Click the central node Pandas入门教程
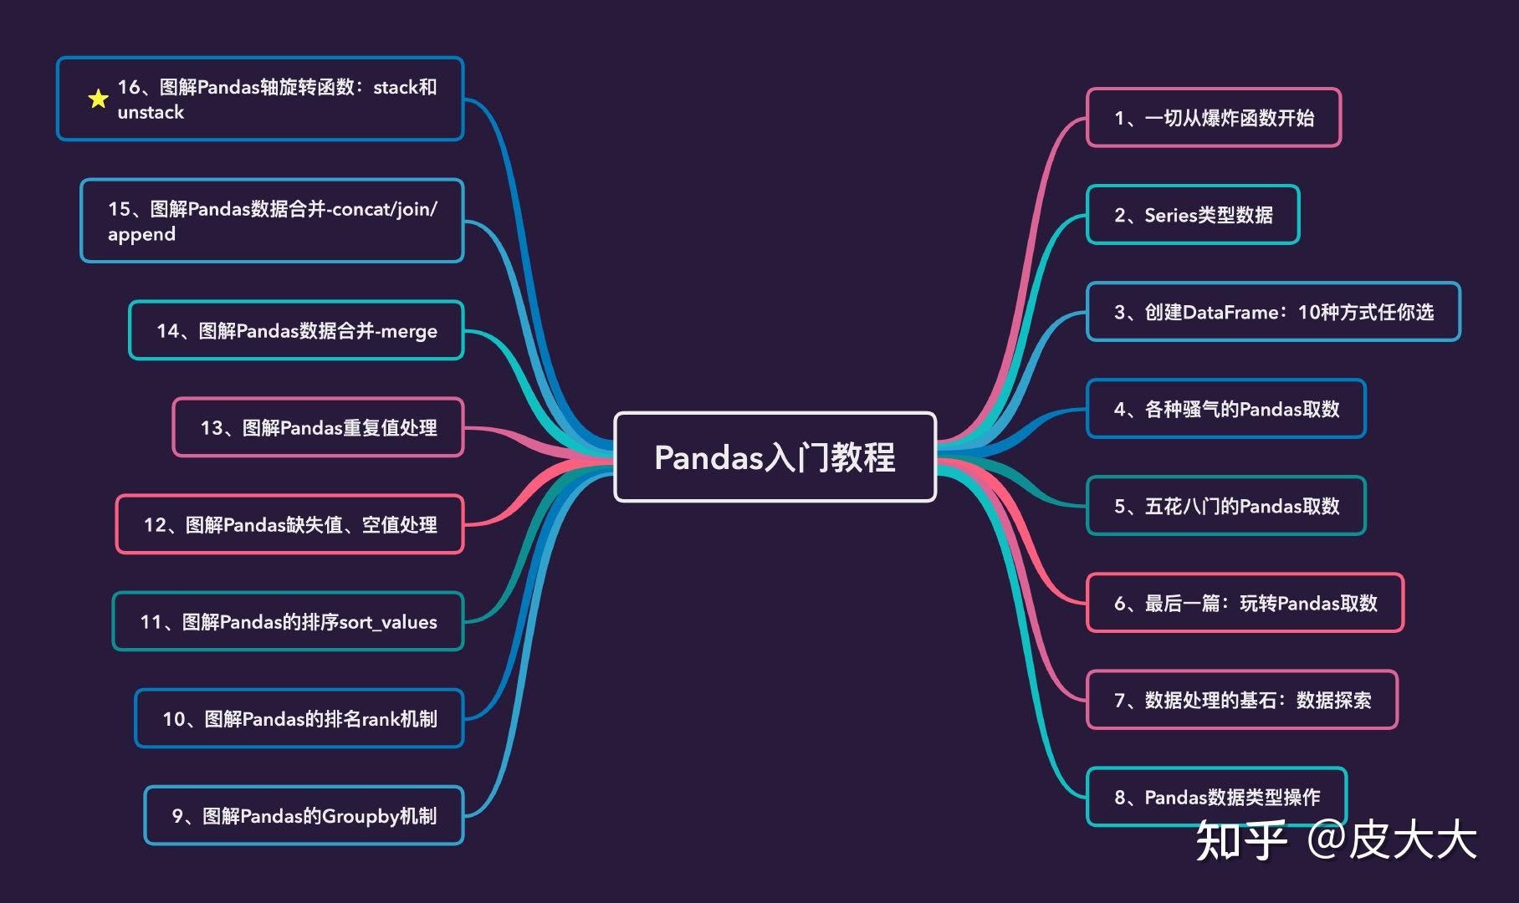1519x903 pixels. point(775,457)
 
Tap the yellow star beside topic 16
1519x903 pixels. point(98,99)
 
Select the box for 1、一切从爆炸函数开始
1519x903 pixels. point(1213,118)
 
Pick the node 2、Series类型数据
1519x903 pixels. point(1193,215)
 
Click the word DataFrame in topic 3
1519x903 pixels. point(1230,313)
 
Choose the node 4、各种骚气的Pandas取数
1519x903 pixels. point(1225,409)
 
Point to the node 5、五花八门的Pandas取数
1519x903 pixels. point(1225,506)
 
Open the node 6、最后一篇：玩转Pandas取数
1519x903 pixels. point(1245,603)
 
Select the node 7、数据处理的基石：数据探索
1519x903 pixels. point(1241,700)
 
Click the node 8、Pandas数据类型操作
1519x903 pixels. point(1216,797)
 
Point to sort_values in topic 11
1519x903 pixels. point(387,622)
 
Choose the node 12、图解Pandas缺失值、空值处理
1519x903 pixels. point(289,525)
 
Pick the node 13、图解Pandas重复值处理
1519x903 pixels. point(318,428)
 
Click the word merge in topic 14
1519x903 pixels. point(409,332)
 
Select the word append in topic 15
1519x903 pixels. point(141,234)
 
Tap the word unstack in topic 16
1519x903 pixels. point(151,112)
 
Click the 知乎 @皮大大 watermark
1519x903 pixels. point(1335,839)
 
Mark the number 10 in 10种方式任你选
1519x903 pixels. point(1308,313)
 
